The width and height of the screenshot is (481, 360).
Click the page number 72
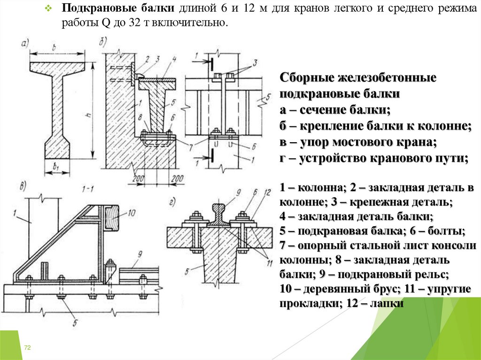point(27,347)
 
